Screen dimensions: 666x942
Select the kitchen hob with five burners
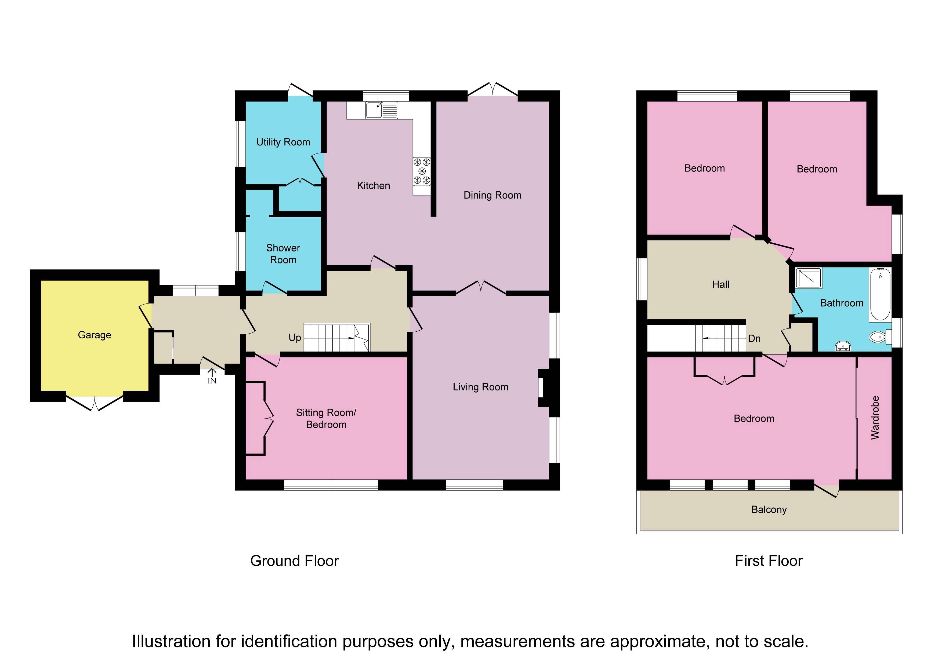tap(422, 171)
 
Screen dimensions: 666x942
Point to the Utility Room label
tap(283, 142)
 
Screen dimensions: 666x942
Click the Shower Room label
tap(283, 254)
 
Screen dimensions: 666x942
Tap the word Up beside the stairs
tap(295, 338)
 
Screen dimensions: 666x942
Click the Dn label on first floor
tap(754, 339)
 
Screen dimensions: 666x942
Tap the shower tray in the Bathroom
tap(809, 278)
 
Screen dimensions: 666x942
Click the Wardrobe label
tap(875, 418)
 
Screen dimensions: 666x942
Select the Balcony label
tap(769, 510)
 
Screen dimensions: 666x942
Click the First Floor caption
tap(769, 561)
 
